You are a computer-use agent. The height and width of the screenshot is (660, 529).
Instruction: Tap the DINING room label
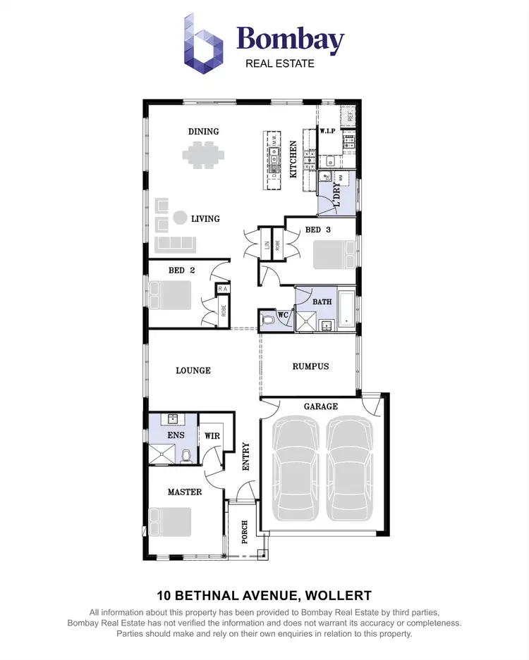(x=203, y=132)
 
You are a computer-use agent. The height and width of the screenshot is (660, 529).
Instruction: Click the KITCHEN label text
(x=293, y=158)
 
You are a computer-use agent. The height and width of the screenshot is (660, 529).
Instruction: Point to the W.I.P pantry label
(x=327, y=132)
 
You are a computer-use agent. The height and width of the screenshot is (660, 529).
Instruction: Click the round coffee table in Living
(x=180, y=218)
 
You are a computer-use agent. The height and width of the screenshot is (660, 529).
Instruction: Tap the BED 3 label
(x=317, y=230)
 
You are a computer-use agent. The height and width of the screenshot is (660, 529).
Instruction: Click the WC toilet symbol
(x=267, y=323)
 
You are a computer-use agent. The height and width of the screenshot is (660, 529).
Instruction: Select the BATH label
(x=322, y=302)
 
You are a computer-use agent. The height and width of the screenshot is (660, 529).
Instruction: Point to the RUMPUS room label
(x=310, y=366)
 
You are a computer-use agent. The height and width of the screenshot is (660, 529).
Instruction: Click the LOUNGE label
(x=193, y=371)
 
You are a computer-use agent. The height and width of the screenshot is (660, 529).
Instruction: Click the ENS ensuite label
(x=175, y=435)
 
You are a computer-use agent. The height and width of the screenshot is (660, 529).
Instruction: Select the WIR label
(x=212, y=436)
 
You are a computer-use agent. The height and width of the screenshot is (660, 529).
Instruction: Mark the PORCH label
(x=243, y=533)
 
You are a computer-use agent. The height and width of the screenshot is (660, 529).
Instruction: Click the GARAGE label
(x=320, y=406)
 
